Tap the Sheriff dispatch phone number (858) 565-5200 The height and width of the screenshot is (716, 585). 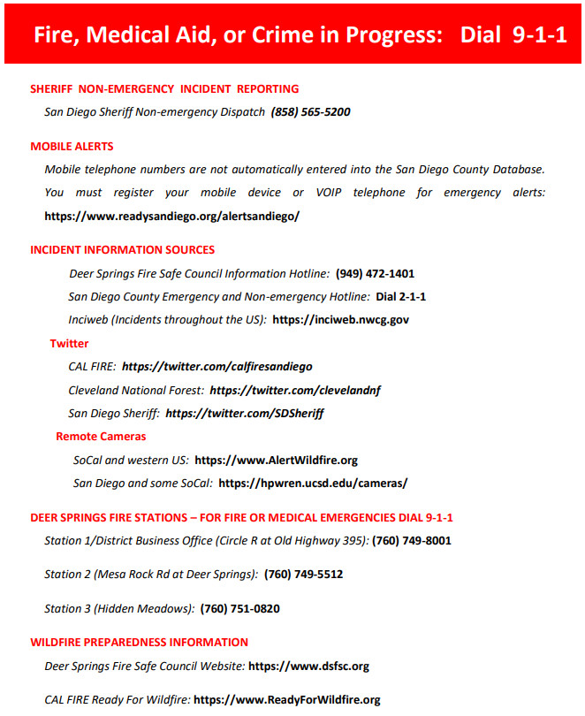click(311, 112)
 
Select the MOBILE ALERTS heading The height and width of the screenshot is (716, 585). click(72, 147)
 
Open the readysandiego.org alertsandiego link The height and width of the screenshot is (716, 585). click(172, 216)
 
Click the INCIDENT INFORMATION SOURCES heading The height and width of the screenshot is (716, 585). click(122, 250)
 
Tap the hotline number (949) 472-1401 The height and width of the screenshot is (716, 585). click(375, 274)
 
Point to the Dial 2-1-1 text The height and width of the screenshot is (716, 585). click(401, 297)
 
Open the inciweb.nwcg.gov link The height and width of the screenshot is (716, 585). click(340, 320)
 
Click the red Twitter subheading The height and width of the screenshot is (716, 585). click(69, 343)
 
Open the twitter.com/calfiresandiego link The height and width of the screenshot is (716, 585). click(217, 366)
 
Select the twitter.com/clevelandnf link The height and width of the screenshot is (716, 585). click(295, 390)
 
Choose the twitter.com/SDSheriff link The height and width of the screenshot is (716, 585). click(245, 413)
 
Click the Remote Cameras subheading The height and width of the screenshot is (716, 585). click(101, 437)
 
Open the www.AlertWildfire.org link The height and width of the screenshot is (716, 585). click(276, 461)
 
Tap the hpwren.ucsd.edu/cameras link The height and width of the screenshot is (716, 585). click(313, 484)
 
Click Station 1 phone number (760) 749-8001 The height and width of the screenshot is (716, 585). click(412, 540)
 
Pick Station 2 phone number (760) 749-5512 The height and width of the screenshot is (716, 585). click(303, 575)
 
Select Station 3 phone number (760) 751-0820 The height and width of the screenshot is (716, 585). click(240, 609)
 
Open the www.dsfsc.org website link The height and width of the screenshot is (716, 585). click(308, 666)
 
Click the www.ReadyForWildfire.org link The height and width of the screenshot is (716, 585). click(287, 700)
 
